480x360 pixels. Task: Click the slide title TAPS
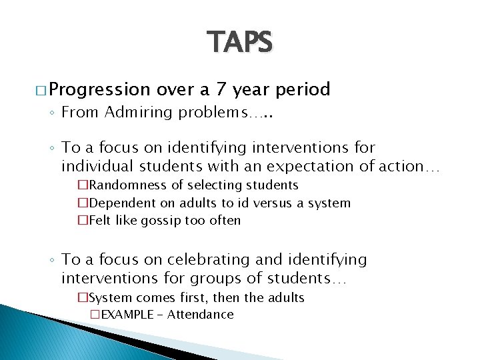click(x=239, y=43)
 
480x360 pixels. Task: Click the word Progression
click(x=100, y=89)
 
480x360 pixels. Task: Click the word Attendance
click(x=201, y=315)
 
